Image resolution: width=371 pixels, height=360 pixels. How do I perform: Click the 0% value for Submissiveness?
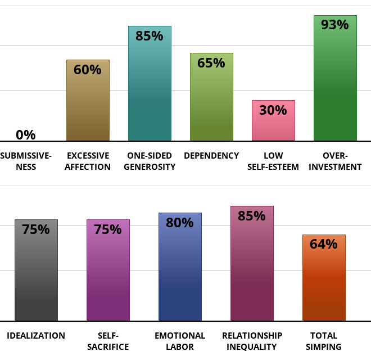point(26,135)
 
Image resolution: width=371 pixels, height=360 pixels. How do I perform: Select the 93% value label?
point(335,25)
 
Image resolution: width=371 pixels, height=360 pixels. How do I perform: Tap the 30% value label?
point(273,110)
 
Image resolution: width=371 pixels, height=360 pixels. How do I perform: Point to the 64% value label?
point(324,244)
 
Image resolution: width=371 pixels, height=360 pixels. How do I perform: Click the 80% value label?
point(180,223)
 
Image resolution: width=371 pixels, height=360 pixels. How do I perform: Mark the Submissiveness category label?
point(26,161)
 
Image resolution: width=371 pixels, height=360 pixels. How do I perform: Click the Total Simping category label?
point(324,341)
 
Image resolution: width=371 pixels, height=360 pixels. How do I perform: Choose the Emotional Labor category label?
point(180,341)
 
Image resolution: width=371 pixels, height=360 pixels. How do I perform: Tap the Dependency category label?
point(211,156)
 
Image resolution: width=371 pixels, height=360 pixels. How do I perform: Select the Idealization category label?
point(36,336)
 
